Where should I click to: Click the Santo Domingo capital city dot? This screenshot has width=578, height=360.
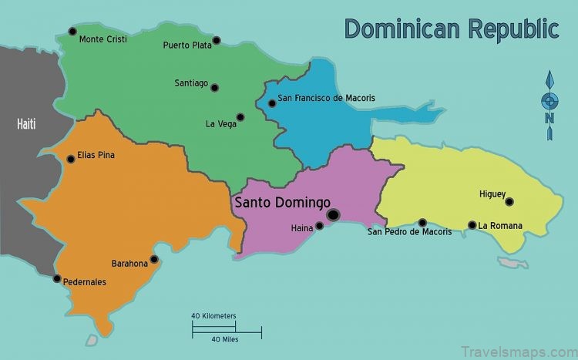pos(333,215)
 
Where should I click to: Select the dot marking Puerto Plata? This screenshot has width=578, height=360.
pos(217,40)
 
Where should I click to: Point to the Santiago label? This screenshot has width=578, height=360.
pos(191,83)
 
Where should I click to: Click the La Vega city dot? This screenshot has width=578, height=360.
pos(240,117)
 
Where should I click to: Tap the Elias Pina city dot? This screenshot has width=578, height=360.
pos(71,159)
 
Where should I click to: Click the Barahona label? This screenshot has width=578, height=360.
pos(129,263)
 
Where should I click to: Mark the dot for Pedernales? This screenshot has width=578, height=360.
pos(56,278)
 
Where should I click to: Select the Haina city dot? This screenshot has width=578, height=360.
pos(320,226)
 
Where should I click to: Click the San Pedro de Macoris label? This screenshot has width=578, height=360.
pos(409,231)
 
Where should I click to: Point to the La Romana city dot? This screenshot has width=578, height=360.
pos(472,225)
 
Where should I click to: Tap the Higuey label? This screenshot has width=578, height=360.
pos(492,194)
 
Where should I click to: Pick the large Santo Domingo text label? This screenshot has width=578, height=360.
pos(281,203)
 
